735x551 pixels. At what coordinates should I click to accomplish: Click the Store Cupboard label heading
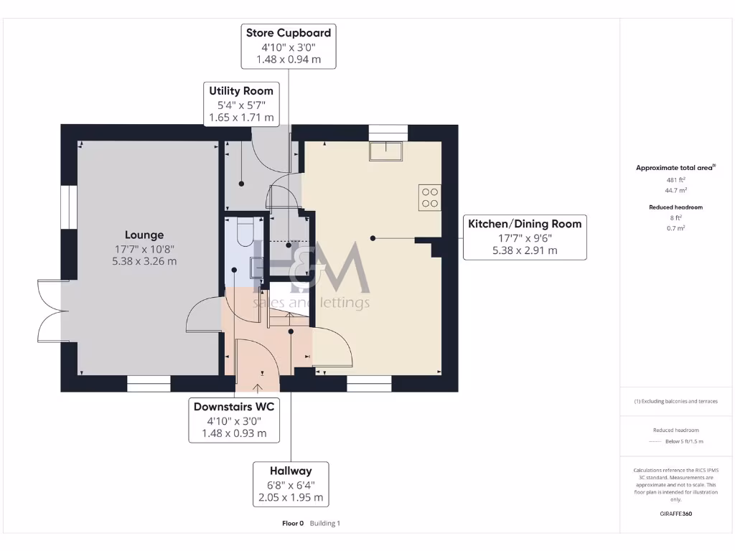(289, 33)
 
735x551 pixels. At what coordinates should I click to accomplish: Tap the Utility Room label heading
(241, 91)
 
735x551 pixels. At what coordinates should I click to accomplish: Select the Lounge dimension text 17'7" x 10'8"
(144, 249)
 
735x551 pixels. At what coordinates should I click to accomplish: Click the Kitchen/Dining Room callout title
(525, 224)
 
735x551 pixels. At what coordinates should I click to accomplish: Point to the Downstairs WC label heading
(234, 407)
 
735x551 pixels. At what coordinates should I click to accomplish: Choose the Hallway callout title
(291, 471)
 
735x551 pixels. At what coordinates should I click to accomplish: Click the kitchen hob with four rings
(431, 197)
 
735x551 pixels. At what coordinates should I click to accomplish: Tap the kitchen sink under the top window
(388, 151)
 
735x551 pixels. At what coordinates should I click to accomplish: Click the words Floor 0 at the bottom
(294, 524)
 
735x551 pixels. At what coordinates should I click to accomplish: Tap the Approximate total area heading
(675, 168)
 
